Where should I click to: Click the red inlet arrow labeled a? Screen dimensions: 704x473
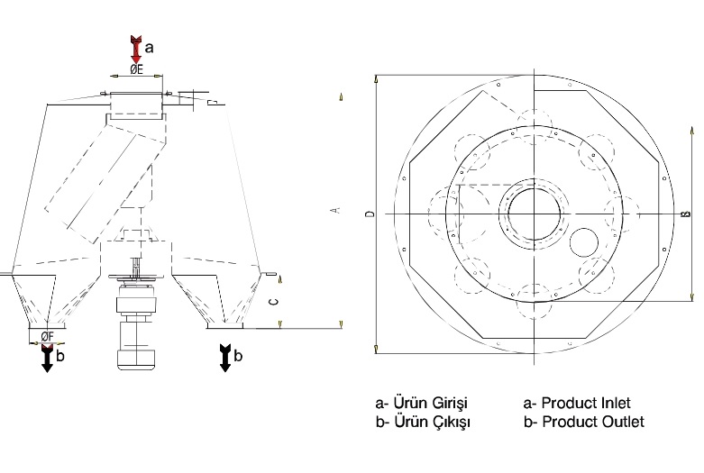[x=135, y=50]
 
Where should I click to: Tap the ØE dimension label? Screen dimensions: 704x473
[x=136, y=69]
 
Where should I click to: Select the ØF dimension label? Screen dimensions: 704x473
[x=47, y=336]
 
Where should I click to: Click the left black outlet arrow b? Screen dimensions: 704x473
[x=47, y=358]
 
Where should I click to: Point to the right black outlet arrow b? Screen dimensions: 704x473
[x=225, y=358]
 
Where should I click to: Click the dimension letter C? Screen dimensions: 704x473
[x=273, y=302]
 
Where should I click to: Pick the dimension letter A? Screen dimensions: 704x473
[x=335, y=210]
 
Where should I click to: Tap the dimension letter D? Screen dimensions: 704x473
[x=370, y=214]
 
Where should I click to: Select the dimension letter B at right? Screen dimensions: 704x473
[x=686, y=214]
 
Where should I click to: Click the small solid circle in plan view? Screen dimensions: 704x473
[x=584, y=242]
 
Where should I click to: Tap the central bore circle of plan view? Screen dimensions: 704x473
[x=535, y=214]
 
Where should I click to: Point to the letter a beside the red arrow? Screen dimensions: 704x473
[x=150, y=47]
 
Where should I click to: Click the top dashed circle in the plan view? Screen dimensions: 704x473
[x=535, y=127]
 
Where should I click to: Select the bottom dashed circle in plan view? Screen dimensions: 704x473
[x=535, y=301]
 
